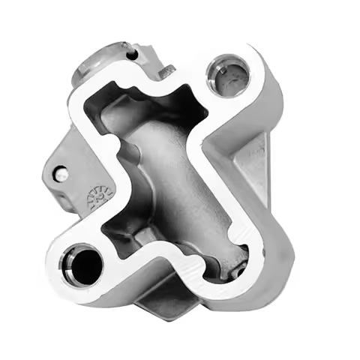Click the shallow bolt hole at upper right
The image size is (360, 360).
pos(229,76)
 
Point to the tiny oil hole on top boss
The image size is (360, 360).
pos(132,53)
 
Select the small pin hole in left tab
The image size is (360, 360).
pos(62,174)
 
